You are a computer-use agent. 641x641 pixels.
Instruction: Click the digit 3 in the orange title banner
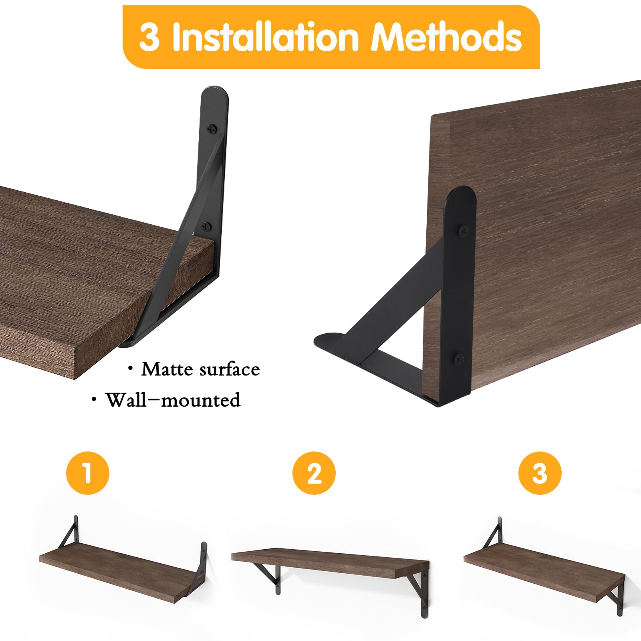click(149, 37)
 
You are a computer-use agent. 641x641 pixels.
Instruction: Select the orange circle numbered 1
click(88, 473)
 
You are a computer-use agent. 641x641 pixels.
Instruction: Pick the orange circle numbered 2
click(314, 473)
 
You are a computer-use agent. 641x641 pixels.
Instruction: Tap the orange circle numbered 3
click(540, 473)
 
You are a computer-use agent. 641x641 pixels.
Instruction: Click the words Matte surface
click(200, 369)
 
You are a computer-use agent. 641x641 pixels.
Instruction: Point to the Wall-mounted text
click(172, 400)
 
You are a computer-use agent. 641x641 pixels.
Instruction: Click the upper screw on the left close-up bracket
click(212, 129)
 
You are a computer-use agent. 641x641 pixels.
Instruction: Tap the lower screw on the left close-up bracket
click(206, 227)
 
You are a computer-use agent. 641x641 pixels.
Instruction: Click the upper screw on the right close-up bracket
click(464, 231)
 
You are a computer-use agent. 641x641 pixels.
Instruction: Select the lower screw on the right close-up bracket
click(460, 358)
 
